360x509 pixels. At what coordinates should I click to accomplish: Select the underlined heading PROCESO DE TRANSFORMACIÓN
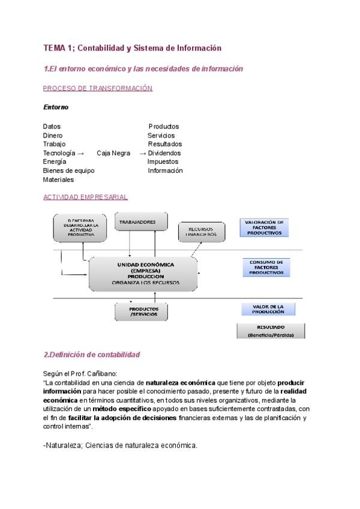tap(98, 88)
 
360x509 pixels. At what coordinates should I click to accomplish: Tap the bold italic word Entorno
tap(56, 107)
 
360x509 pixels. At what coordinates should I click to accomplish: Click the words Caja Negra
tap(113, 153)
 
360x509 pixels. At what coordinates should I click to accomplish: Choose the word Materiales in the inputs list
tap(58, 179)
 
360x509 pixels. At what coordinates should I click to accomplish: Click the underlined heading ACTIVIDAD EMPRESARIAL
tap(85, 197)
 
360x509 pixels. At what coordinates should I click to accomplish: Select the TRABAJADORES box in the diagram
tap(137, 222)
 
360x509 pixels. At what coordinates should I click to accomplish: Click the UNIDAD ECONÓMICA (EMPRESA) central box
tap(143, 273)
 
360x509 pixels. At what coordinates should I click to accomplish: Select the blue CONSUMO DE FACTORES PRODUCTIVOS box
tap(266, 267)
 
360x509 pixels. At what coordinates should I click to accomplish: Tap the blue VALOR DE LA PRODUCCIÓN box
tap(268, 309)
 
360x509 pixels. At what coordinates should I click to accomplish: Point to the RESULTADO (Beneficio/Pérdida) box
tap(270, 331)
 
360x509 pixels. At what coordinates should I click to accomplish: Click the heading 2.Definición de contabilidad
tap(92, 355)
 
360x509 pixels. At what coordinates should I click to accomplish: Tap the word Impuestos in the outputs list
tap(163, 162)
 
